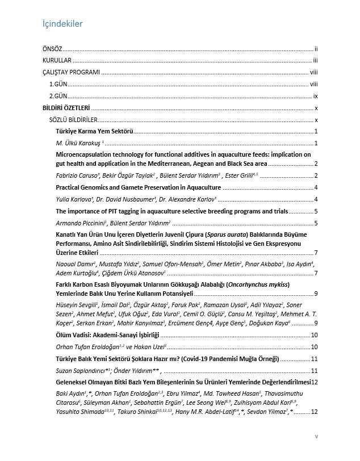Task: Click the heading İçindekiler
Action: tap(63, 24)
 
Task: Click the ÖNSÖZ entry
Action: tap(53, 50)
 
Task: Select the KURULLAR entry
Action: tap(56, 61)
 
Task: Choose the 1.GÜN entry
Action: tap(58, 84)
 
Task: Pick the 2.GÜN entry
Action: tap(58, 96)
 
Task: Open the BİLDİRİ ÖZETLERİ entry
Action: tap(66, 108)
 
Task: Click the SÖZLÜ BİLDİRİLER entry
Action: tap(73, 120)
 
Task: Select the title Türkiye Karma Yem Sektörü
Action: tap(94, 132)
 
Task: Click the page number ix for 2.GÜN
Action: tap(316, 96)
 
